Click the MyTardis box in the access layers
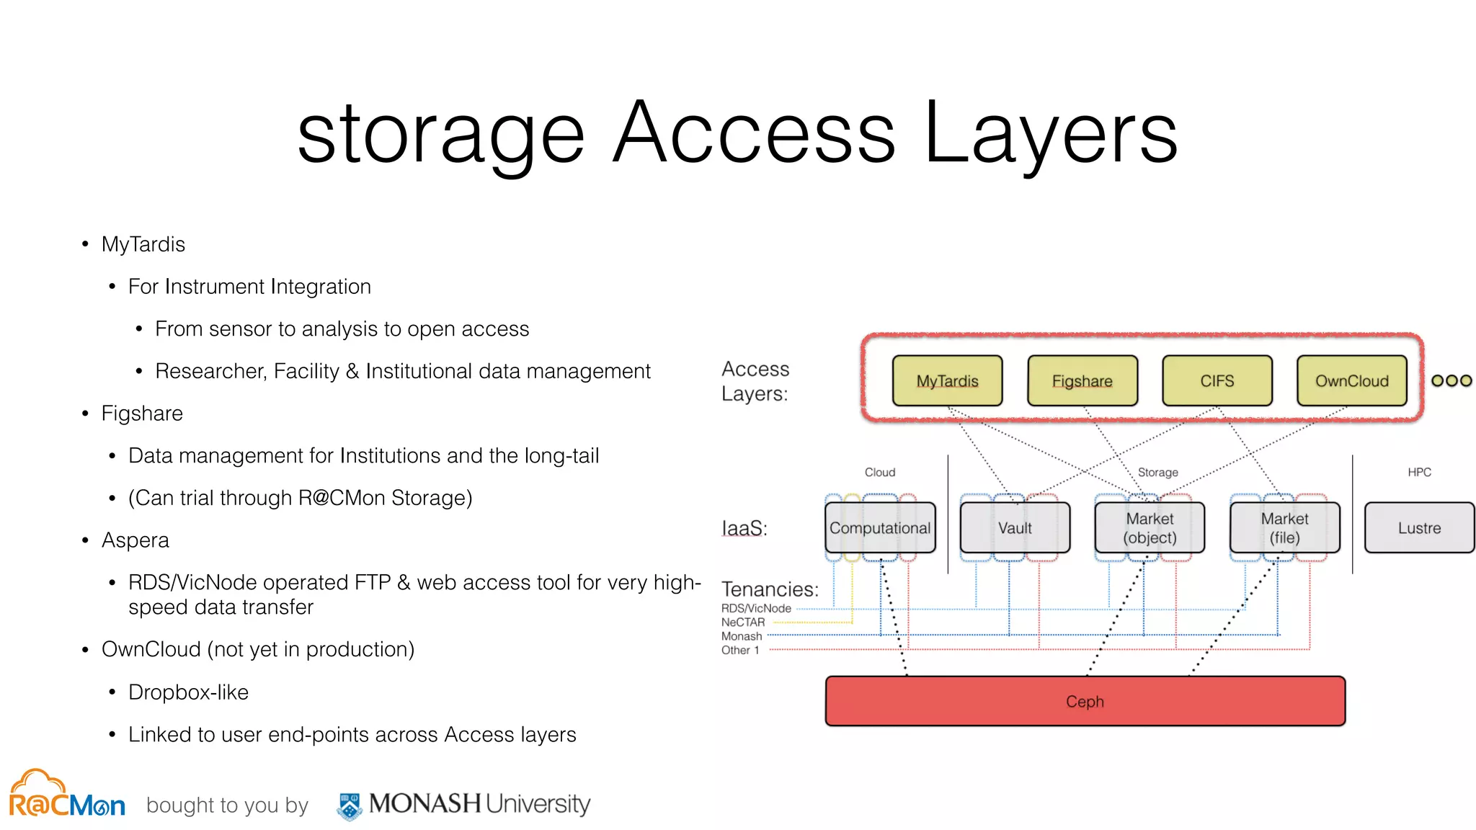click(947, 380)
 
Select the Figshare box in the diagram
click(1082, 380)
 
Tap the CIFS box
click(1217, 380)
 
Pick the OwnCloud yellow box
click(1351, 380)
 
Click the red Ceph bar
click(1085, 701)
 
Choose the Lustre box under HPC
click(1419, 527)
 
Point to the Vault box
click(1015, 527)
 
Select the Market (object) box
click(1150, 527)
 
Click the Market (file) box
click(1284, 527)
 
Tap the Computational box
click(880, 527)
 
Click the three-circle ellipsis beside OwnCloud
click(1451, 380)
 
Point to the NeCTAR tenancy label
click(743, 622)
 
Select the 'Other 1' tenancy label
click(740, 650)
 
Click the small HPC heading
click(1419, 472)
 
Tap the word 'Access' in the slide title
click(754, 133)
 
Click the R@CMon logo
click(66, 795)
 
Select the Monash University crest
click(350, 806)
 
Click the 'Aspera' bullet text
click(135, 540)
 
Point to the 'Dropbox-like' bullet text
click(188, 692)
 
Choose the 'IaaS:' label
click(744, 528)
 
